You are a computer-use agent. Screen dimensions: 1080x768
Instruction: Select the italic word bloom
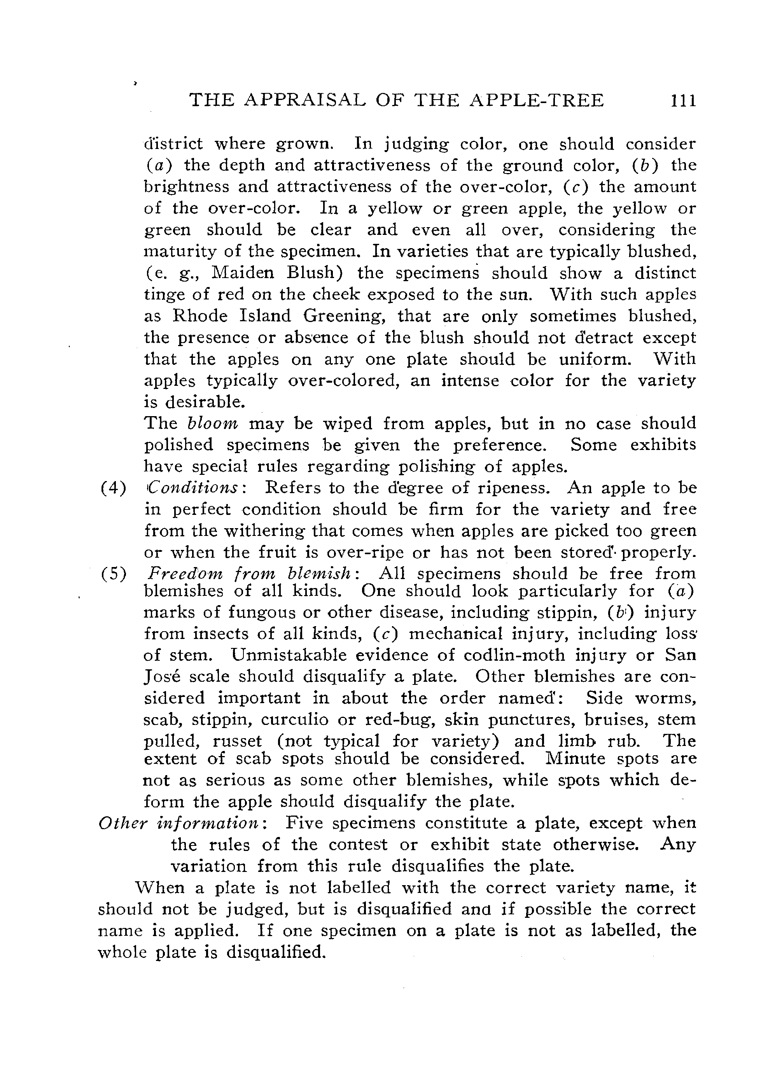tap(213, 423)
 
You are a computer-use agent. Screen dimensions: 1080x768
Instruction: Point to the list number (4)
tap(113, 488)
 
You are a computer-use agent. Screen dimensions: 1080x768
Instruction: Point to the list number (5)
tap(113, 574)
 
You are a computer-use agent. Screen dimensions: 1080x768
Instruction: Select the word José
tap(161, 676)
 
